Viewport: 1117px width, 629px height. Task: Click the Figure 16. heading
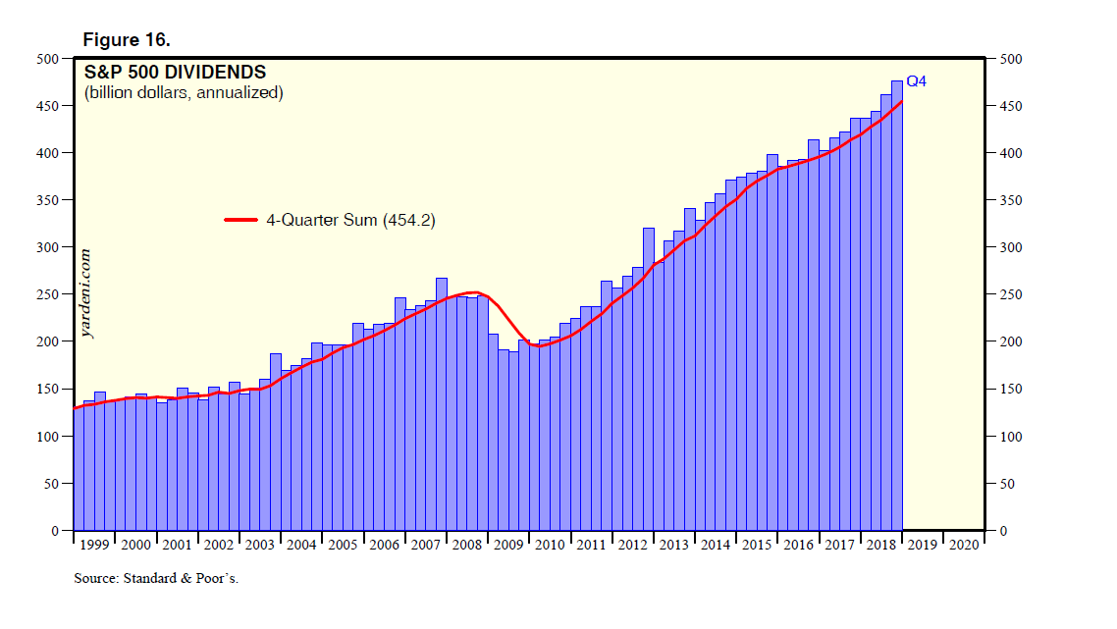126,40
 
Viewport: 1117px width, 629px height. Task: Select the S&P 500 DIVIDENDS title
175,73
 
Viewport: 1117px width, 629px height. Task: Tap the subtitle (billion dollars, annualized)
183,93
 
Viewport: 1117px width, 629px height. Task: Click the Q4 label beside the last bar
915,81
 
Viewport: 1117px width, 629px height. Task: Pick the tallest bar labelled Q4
897,304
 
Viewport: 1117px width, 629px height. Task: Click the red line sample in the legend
242,221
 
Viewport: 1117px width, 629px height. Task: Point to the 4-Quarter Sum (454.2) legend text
350,221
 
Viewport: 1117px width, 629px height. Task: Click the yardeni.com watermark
87,292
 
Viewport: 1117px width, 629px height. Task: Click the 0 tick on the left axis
56,531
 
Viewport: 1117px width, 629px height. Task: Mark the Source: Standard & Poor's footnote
156,579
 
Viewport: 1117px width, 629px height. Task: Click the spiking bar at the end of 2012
649,378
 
